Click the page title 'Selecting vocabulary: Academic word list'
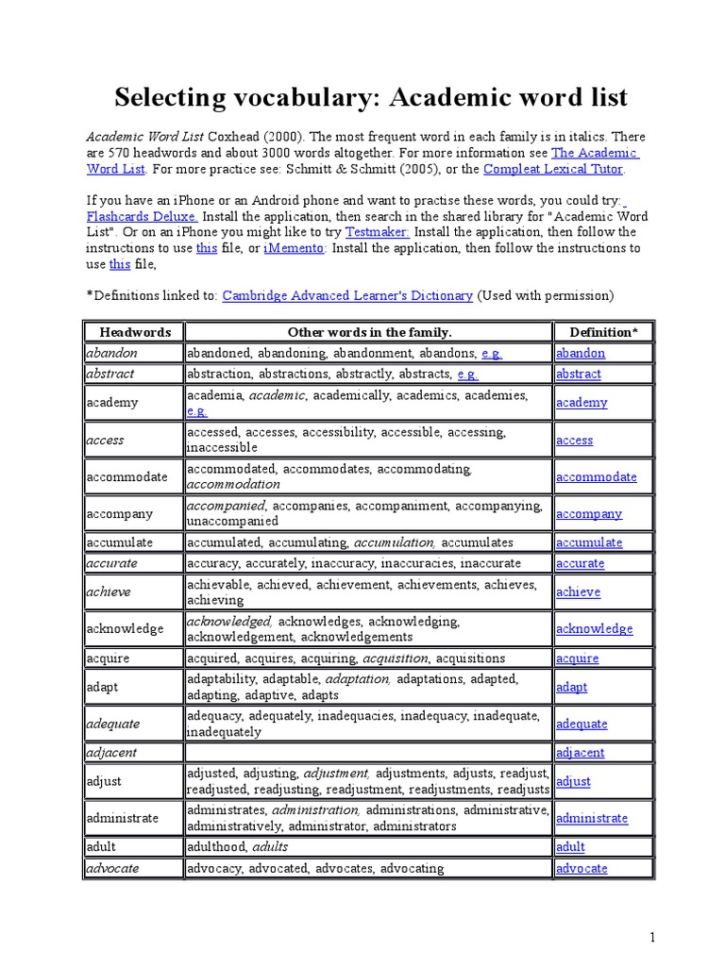coord(371,97)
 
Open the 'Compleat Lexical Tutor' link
coord(553,169)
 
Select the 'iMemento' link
coord(295,248)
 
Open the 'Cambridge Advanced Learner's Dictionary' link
coord(347,295)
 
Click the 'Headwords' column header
coord(134,332)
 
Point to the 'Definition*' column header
coord(603,332)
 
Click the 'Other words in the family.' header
coord(369,332)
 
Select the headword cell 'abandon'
coord(112,353)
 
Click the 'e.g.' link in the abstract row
coord(467,374)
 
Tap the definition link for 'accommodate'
coord(596,477)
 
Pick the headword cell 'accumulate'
coord(119,542)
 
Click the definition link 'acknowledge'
coord(594,629)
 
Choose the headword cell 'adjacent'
coord(111,753)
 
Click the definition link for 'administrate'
coord(592,819)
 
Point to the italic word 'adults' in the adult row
coord(269,847)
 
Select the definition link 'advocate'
coord(582,868)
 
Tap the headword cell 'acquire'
coord(109,658)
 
